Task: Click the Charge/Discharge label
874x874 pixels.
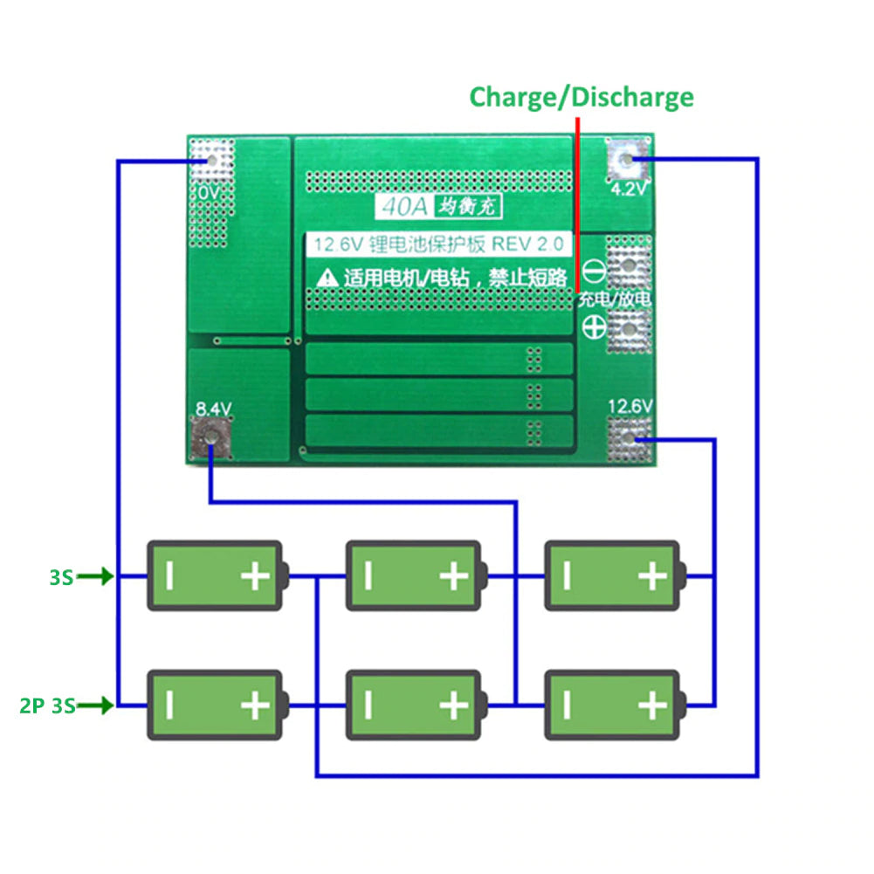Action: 582,96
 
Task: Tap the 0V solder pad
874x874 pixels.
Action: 211,160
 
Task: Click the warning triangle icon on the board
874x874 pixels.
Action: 327,278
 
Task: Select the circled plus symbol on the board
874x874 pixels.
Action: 594,327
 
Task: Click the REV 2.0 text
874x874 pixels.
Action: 529,244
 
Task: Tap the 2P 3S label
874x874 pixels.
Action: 47,705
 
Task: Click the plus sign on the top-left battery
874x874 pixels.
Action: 255,576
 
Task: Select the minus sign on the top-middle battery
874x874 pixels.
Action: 368,576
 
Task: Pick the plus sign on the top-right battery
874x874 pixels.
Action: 651,576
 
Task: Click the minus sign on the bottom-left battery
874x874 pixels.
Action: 170,705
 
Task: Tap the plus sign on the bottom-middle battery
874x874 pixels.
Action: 453,705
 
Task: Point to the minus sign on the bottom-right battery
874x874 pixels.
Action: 567,705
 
